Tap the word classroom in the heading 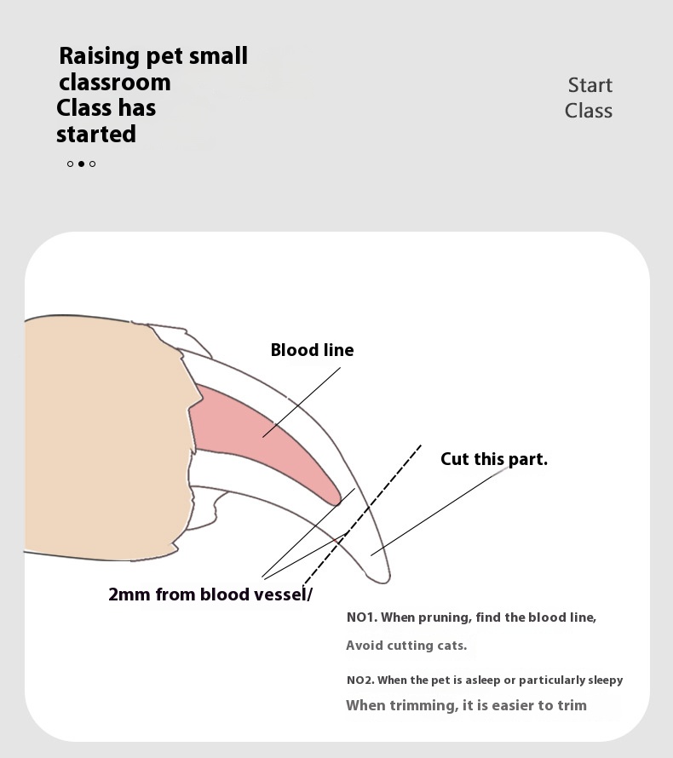tap(115, 82)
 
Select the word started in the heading tap(96, 134)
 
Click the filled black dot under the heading tap(81, 164)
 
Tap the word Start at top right tap(590, 85)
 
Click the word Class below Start tap(589, 111)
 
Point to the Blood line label tap(312, 350)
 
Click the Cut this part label tap(493, 459)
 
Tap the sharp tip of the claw tap(385, 582)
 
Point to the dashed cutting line tap(362, 514)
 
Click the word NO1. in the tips tap(362, 617)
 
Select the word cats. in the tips tap(452, 646)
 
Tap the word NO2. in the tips tap(360, 680)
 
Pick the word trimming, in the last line tap(424, 706)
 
